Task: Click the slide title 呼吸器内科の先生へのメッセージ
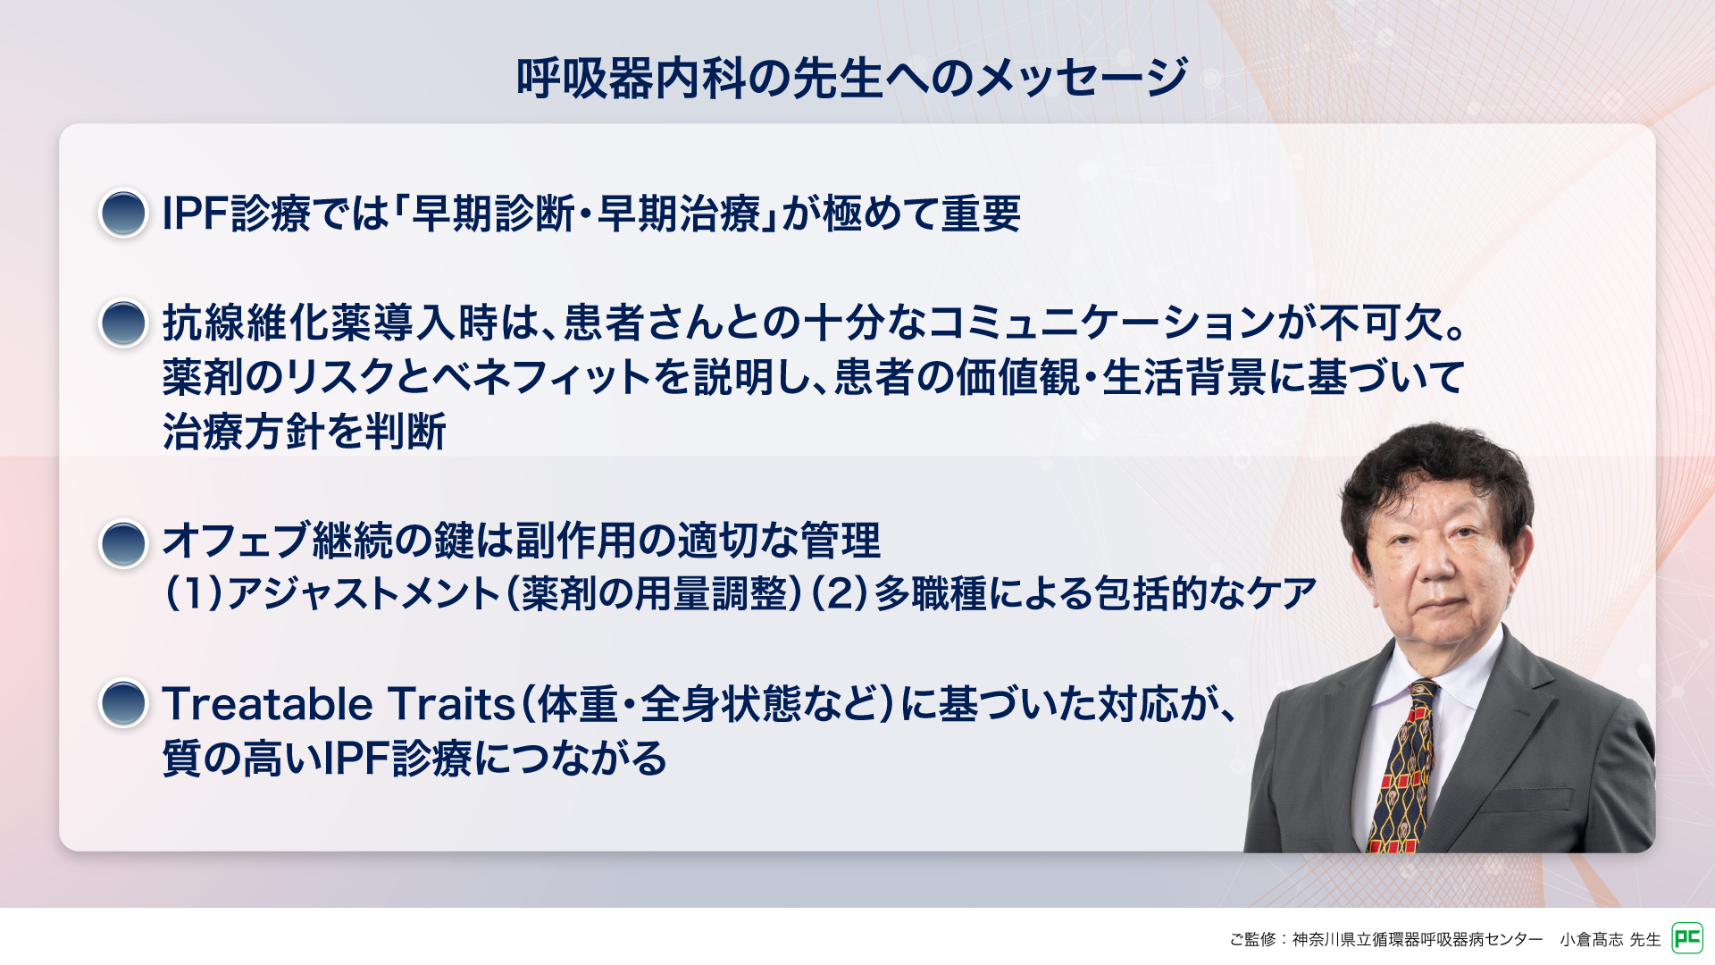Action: point(852,78)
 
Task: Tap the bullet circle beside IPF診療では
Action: point(123,214)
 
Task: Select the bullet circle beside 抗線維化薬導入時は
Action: point(123,323)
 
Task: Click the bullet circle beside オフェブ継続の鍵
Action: point(123,543)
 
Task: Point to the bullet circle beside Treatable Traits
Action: point(123,703)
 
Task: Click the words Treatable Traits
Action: point(339,704)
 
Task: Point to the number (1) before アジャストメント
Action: point(194,594)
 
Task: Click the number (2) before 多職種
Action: point(839,594)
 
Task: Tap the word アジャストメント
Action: point(363,594)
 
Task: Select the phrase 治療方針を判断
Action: point(305,432)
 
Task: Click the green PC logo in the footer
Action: point(1686,938)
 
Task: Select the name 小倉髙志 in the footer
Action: point(1592,939)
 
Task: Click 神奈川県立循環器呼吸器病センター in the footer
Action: point(1418,939)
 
